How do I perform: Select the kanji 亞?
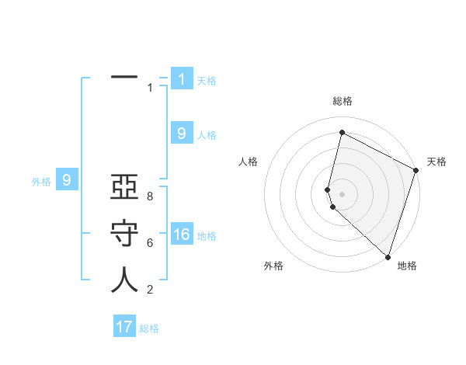coord(124,191)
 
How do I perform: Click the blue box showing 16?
coord(182,235)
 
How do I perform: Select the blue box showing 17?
coord(124,327)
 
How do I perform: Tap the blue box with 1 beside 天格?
coord(182,78)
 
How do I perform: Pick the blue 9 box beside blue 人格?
coord(182,134)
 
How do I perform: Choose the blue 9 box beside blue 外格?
coord(67,181)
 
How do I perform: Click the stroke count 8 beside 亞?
coord(149,196)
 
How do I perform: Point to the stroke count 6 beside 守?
coord(149,243)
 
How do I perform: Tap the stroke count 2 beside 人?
coord(149,290)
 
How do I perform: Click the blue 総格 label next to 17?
coord(149,328)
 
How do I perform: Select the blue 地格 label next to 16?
coord(207,236)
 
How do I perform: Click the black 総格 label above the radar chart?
coord(343,101)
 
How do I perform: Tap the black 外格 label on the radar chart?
coord(273,266)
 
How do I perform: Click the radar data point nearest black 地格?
coord(388,256)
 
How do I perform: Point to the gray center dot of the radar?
coord(342,194)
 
